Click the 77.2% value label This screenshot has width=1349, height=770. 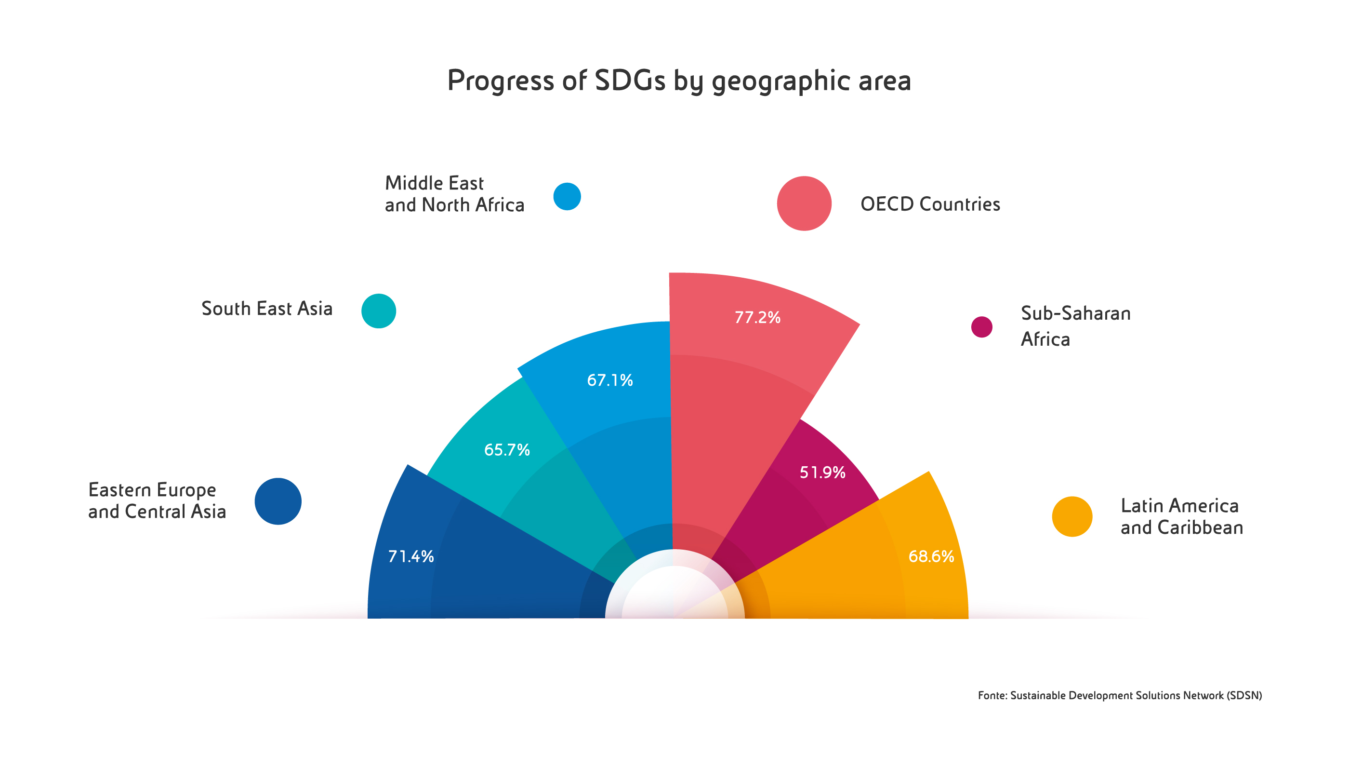(x=757, y=317)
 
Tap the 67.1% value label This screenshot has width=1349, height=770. (x=610, y=380)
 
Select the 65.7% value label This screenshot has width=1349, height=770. (x=507, y=450)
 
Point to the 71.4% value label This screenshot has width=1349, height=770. (x=410, y=556)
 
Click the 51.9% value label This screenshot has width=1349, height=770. (x=822, y=472)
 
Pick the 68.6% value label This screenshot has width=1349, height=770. (x=931, y=556)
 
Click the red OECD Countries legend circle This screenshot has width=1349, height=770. (x=804, y=203)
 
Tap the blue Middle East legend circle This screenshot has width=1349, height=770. (x=567, y=197)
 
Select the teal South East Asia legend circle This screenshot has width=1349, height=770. (x=378, y=311)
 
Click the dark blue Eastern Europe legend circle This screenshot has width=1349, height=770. (x=278, y=501)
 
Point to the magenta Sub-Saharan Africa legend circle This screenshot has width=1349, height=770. (x=982, y=327)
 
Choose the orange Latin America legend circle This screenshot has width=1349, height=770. (x=1072, y=517)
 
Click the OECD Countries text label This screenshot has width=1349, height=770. (x=930, y=204)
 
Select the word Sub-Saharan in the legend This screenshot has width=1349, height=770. (x=1075, y=313)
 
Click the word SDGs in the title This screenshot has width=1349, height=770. (x=630, y=81)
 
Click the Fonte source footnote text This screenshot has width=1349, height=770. (x=1120, y=695)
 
